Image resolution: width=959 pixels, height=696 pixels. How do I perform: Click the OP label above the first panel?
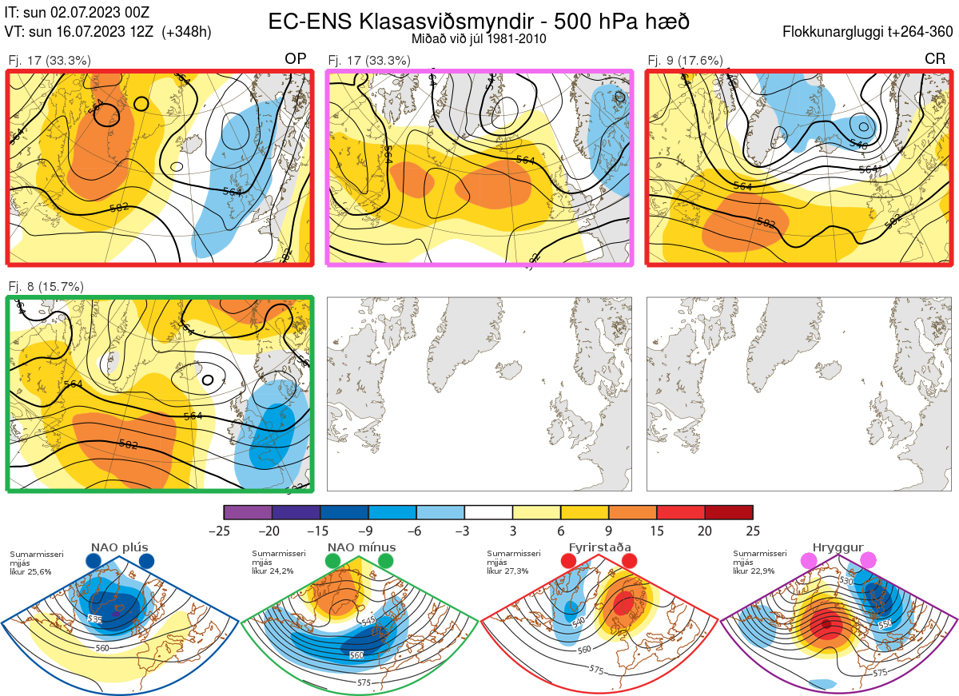pyautogui.click(x=296, y=59)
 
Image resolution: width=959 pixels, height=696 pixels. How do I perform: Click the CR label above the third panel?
pyautogui.click(x=935, y=59)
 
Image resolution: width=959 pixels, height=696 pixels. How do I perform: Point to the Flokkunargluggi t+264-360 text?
pyautogui.click(x=869, y=32)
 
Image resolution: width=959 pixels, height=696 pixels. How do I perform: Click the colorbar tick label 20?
pyautogui.click(x=705, y=531)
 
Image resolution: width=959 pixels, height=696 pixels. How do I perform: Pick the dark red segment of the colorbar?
pyautogui.click(x=729, y=512)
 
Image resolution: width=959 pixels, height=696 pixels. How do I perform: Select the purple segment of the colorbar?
pyautogui.click(x=248, y=512)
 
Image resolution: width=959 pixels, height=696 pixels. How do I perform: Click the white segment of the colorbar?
pyautogui.click(x=488, y=512)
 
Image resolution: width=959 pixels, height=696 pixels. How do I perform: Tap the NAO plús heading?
pyautogui.click(x=119, y=547)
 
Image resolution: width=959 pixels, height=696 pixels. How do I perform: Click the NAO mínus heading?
pyautogui.click(x=361, y=547)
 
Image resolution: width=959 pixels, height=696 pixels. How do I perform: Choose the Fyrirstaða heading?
pyautogui.click(x=599, y=547)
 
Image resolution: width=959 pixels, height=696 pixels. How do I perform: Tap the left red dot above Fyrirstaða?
pyautogui.click(x=569, y=562)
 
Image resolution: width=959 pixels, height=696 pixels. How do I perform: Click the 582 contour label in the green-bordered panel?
pyautogui.click(x=128, y=444)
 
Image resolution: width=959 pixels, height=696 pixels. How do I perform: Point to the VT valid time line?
pyautogui.click(x=108, y=32)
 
